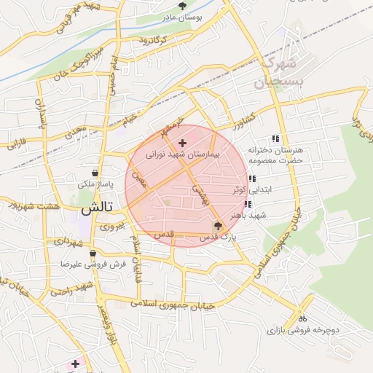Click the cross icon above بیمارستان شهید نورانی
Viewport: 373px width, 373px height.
(x=182, y=143)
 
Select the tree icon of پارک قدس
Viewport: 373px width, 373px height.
(x=218, y=225)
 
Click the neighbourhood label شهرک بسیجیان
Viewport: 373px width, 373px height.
(x=278, y=70)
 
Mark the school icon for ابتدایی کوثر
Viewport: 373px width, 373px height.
(x=251, y=179)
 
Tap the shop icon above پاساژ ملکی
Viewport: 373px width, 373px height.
(x=95, y=174)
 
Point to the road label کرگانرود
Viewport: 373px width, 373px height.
(x=152, y=39)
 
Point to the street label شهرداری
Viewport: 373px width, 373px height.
(x=71, y=240)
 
